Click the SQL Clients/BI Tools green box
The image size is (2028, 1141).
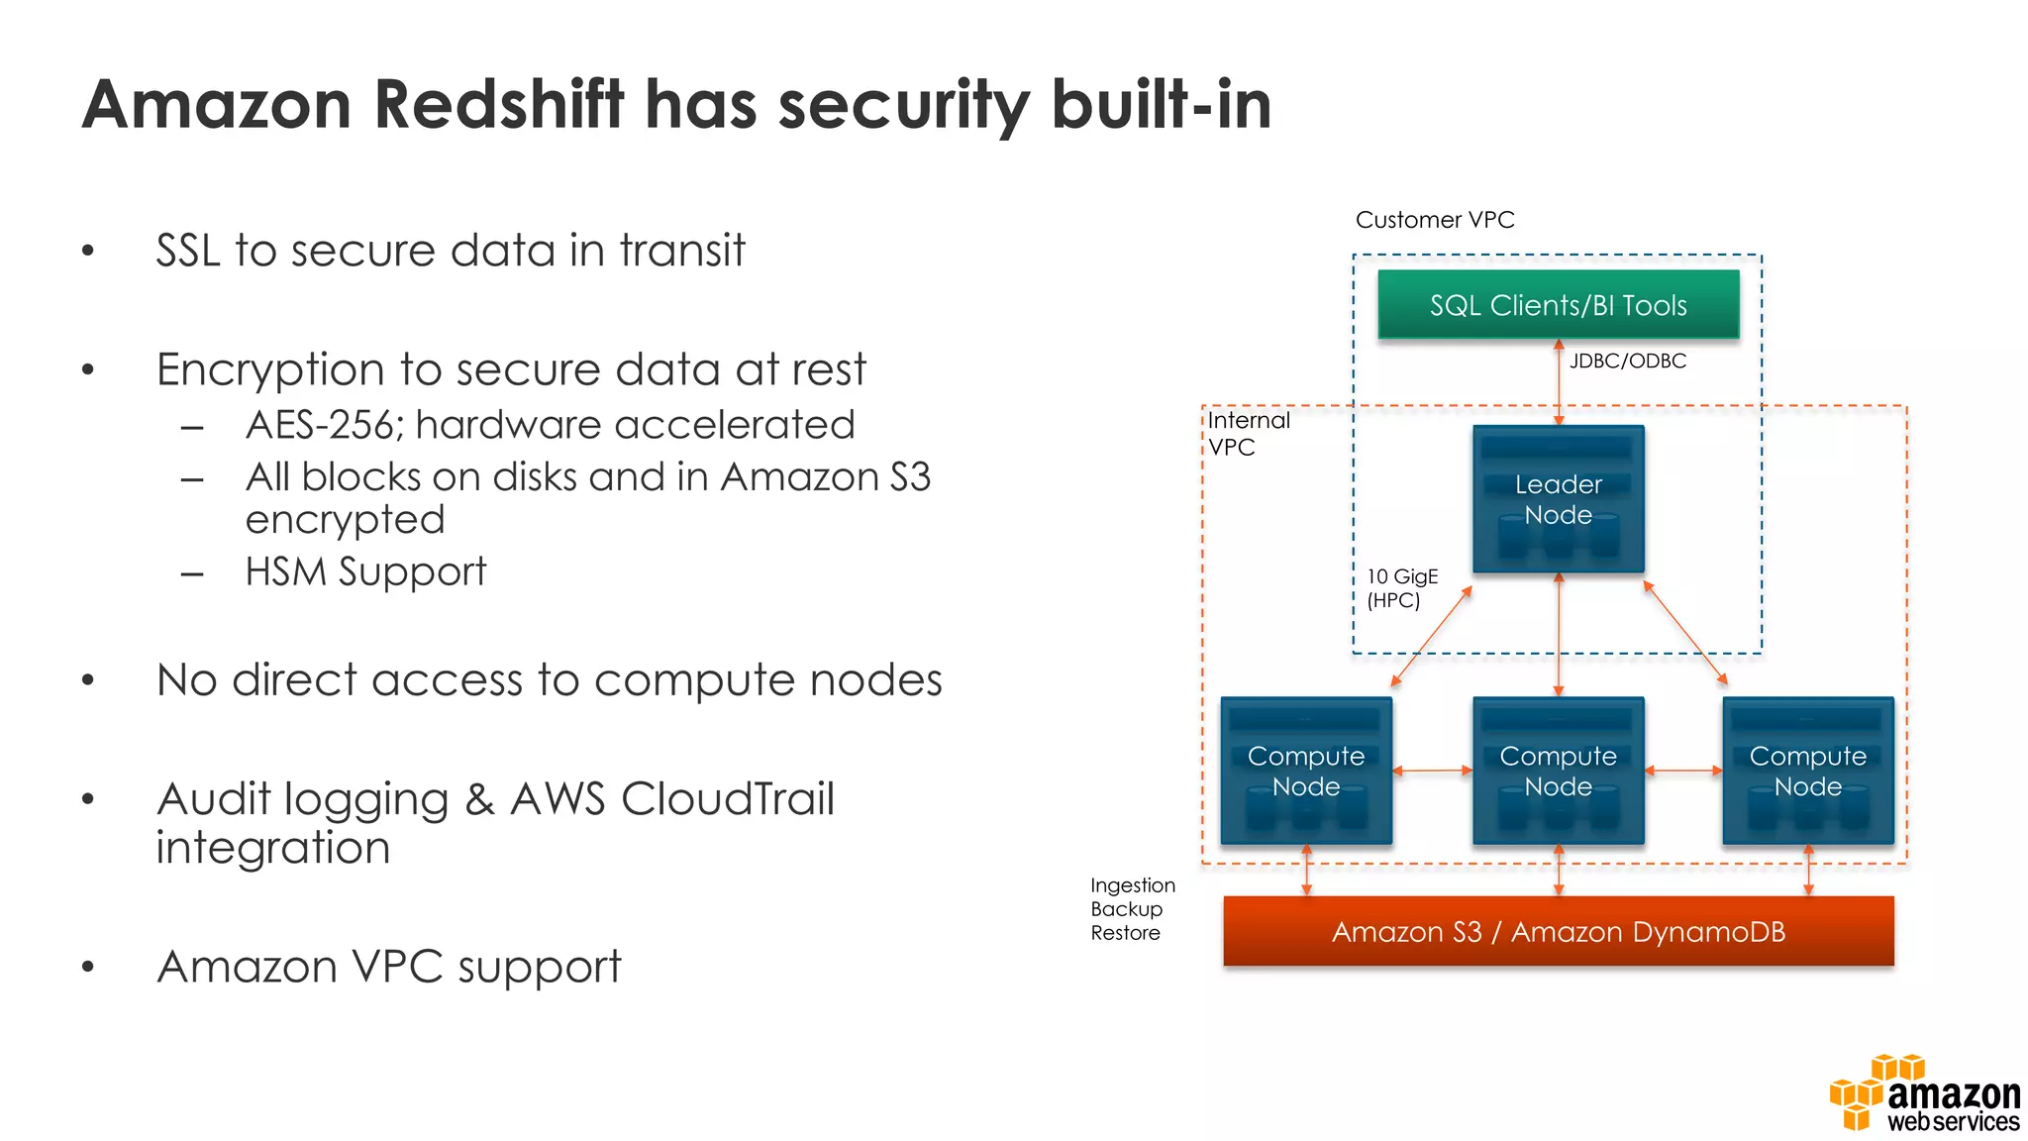pos(1558,305)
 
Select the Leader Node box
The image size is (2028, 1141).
pos(1558,499)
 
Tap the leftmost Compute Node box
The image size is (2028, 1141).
pos(1306,771)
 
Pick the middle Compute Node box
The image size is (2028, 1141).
pos(1558,771)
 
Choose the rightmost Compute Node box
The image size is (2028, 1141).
pos(1807,771)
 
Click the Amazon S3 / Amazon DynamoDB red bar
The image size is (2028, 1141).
pos(1558,931)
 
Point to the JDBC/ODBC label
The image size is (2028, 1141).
pos(1627,362)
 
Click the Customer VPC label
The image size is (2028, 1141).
pos(1434,220)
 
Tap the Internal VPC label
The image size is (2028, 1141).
pos(1247,434)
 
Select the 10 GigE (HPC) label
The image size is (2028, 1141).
pos(1401,588)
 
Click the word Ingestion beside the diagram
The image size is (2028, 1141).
pos(1132,885)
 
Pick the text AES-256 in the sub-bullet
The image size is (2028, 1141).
pos(320,425)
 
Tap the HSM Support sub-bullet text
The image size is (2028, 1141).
pos(365,571)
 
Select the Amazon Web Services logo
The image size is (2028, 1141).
pos(1924,1094)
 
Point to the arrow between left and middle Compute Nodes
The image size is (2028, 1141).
pos(1432,770)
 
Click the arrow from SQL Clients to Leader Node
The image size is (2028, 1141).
pos(1559,382)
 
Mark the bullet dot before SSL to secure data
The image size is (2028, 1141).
pos(88,251)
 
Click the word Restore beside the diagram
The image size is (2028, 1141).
pos(1125,933)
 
